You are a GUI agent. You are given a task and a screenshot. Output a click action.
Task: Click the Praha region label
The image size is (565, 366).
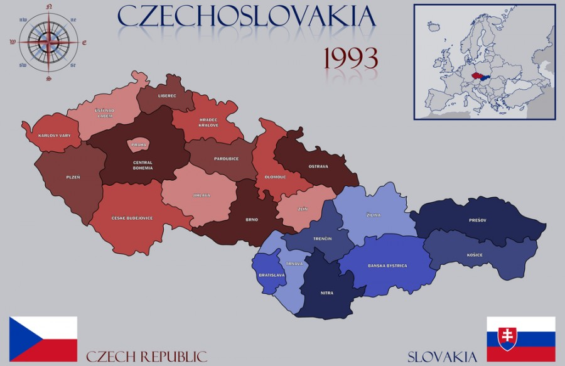(139, 145)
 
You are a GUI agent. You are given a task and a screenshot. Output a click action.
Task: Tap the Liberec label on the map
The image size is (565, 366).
(167, 97)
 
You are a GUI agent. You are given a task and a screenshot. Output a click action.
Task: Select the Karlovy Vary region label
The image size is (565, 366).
(54, 135)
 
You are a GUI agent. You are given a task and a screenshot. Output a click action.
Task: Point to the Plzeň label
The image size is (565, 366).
(73, 177)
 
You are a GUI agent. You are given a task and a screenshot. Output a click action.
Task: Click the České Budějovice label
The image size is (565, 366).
(132, 218)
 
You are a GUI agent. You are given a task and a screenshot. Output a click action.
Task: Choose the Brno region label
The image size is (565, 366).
(251, 220)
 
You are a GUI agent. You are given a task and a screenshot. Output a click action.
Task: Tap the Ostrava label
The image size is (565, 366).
(318, 166)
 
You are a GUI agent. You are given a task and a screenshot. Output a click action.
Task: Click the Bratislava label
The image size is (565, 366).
(271, 275)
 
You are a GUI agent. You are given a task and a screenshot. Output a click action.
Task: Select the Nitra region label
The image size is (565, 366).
(327, 293)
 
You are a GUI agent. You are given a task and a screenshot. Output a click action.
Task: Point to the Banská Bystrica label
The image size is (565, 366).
(387, 266)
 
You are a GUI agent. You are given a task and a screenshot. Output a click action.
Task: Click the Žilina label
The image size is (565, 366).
(374, 215)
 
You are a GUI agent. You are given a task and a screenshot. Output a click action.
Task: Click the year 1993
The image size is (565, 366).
(350, 58)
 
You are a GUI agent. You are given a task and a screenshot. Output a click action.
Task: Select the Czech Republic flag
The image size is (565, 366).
(43, 338)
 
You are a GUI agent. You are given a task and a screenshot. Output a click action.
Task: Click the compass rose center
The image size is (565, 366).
(48, 42)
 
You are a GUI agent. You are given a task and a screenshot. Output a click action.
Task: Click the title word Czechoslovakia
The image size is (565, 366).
(246, 16)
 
